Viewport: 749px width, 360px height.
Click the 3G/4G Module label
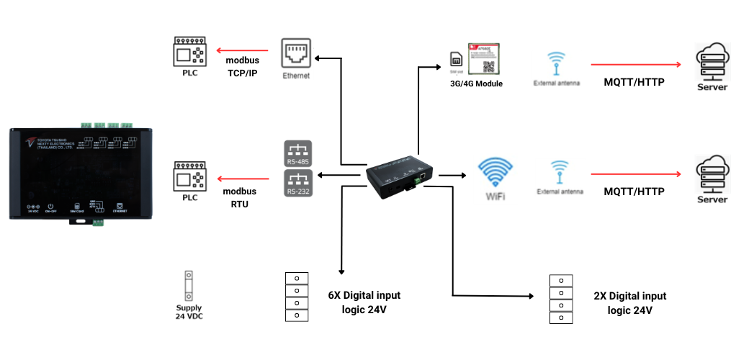476,84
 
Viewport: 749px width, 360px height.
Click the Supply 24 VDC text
189,312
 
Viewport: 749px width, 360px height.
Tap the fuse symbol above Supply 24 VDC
189,286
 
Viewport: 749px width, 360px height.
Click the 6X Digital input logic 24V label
364,302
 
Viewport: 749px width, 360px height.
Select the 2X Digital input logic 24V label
630,302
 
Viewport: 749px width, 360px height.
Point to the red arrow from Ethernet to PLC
241,50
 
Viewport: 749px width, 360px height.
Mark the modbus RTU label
240,197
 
